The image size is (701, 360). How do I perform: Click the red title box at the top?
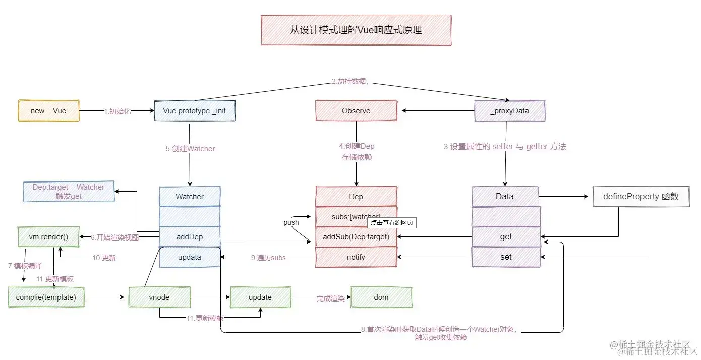click(x=356, y=30)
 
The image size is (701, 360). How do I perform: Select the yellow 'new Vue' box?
click(x=48, y=110)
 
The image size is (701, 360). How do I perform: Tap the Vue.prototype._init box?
click(x=194, y=110)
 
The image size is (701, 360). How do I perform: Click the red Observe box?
click(x=356, y=110)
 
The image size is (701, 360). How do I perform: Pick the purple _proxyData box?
click(x=509, y=110)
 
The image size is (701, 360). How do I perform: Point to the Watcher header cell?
click(x=190, y=196)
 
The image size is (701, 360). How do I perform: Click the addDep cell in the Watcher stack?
click(x=190, y=236)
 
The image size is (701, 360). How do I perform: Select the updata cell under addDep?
click(x=190, y=257)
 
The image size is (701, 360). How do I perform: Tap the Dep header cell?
click(x=356, y=196)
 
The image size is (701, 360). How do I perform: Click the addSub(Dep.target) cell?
click(x=356, y=236)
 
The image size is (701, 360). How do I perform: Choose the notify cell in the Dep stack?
click(x=356, y=257)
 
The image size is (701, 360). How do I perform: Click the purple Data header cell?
click(x=505, y=196)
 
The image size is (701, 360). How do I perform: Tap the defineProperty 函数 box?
click(x=640, y=196)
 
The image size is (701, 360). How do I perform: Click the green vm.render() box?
click(x=48, y=236)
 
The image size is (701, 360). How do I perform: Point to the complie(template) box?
click(x=46, y=297)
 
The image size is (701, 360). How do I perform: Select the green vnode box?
click(x=159, y=297)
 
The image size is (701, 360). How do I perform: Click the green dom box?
click(x=381, y=297)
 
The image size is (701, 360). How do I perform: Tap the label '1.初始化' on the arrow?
click(x=117, y=111)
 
